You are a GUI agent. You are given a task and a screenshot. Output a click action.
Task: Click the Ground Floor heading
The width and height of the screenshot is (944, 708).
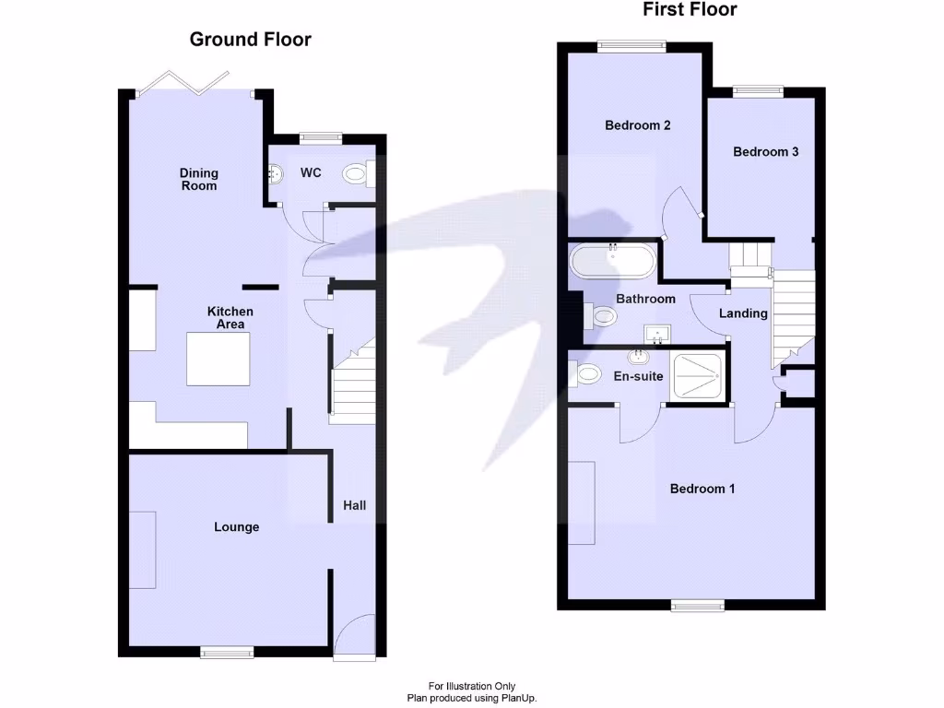click(x=250, y=40)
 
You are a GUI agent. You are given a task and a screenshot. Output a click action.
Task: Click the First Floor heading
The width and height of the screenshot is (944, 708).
click(x=690, y=10)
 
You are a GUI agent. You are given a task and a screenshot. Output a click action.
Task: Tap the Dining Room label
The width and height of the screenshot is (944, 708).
click(x=199, y=179)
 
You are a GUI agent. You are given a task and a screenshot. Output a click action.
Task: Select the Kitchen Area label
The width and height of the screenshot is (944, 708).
click(x=230, y=318)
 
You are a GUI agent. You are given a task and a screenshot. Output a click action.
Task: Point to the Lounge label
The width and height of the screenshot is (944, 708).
click(x=237, y=527)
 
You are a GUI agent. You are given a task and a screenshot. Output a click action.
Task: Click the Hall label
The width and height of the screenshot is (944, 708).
click(x=354, y=505)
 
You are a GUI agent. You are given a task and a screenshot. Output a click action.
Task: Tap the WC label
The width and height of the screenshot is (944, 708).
click(x=311, y=173)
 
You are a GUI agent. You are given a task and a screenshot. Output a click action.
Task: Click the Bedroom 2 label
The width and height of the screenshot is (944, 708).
click(x=637, y=125)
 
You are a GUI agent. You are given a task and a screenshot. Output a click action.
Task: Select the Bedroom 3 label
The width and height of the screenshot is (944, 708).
click(x=765, y=152)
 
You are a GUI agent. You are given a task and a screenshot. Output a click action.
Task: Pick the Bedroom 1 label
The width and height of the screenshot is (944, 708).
click(x=702, y=489)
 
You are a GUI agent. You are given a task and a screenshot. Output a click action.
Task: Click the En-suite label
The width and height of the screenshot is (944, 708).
click(x=638, y=376)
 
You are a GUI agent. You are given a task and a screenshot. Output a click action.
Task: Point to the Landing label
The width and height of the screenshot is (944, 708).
click(x=743, y=313)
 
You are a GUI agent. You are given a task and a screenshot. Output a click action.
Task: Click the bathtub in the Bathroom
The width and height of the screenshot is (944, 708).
click(x=612, y=261)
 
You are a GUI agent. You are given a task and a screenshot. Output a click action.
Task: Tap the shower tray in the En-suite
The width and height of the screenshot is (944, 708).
click(x=698, y=374)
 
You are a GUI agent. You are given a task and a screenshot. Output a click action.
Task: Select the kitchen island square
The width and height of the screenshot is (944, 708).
click(x=218, y=360)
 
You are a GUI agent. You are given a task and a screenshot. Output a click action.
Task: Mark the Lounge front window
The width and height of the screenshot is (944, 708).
click(x=227, y=652)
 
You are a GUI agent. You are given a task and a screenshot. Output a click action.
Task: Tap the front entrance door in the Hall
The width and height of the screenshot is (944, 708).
click(x=354, y=638)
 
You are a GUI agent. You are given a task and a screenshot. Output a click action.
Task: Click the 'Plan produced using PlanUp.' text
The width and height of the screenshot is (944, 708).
click(x=471, y=698)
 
